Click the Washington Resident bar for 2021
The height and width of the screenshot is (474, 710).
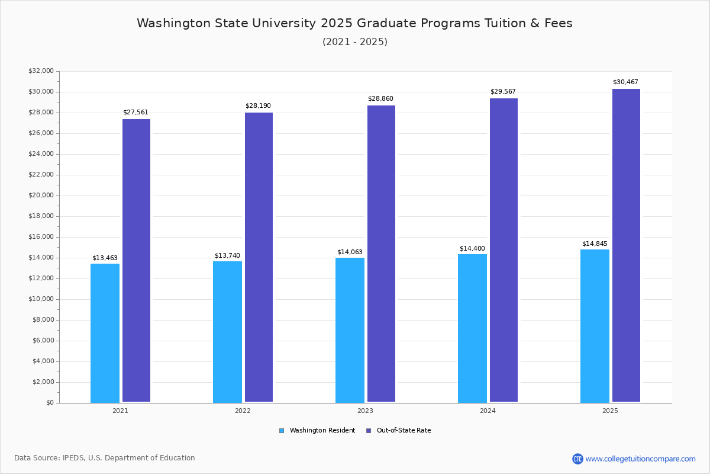pyautogui.click(x=105, y=333)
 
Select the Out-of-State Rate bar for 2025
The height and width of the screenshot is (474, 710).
pyautogui.click(x=626, y=245)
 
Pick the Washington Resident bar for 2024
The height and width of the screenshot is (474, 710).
pyautogui.click(x=472, y=328)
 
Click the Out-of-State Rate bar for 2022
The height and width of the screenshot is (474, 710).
pyautogui.click(x=259, y=257)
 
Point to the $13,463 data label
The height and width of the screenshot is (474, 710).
pyautogui.click(x=105, y=258)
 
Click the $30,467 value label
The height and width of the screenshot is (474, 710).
pyautogui.click(x=625, y=82)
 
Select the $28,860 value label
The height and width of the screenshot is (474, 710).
pyautogui.click(x=380, y=99)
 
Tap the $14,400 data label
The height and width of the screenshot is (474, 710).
pyautogui.click(x=472, y=249)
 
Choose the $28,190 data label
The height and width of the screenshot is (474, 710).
pyautogui.click(x=258, y=106)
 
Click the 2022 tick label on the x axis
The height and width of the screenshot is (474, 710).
pyautogui.click(x=243, y=411)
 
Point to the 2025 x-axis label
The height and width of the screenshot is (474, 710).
pyautogui.click(x=610, y=411)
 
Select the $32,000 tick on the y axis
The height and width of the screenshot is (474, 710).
pyautogui.click(x=41, y=71)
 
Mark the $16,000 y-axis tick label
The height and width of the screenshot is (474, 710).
pyautogui.click(x=41, y=237)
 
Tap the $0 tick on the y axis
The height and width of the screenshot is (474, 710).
pyautogui.click(x=49, y=403)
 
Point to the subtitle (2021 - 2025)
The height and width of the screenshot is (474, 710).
pyautogui.click(x=355, y=42)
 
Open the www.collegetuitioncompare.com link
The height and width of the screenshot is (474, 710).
pyautogui.click(x=640, y=459)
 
